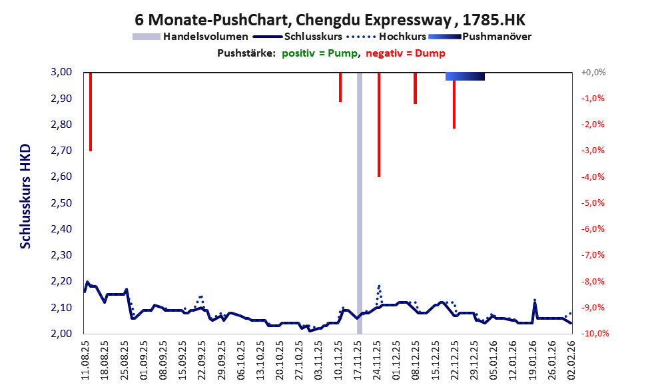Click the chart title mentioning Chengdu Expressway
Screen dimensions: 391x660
coord(330,18)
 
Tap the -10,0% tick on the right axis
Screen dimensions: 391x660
coord(591,334)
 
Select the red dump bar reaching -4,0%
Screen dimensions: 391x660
coord(378,125)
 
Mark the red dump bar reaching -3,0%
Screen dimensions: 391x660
coord(90,111)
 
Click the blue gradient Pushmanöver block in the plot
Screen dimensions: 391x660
coord(465,77)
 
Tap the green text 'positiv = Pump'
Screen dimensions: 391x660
coord(318,53)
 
